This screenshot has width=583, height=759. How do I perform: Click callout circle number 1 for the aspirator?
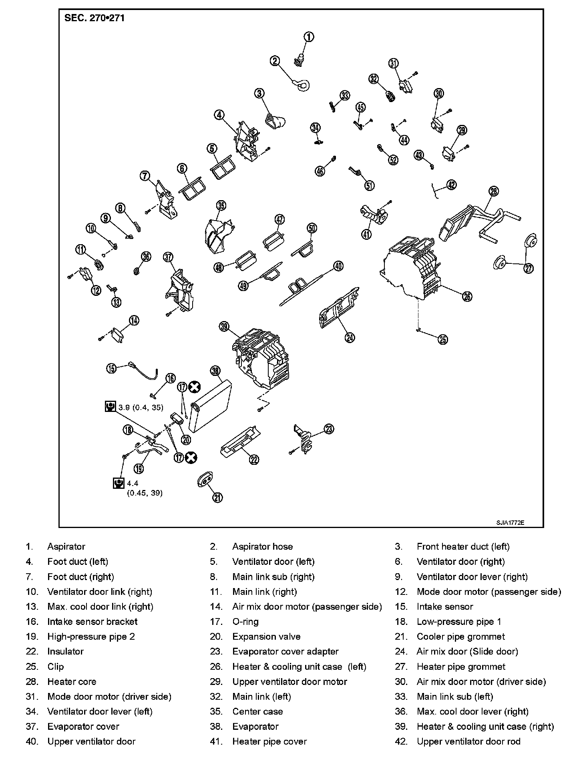(309, 37)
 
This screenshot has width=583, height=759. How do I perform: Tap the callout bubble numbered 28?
(494, 191)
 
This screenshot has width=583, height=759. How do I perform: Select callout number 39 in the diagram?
(224, 327)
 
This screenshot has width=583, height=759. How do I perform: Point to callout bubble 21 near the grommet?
(217, 498)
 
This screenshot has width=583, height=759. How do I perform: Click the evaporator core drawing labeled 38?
(211, 406)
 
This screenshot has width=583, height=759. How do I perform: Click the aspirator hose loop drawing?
(302, 84)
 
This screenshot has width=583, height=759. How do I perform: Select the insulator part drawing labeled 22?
(239, 442)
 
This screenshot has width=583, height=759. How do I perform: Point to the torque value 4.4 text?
(133, 484)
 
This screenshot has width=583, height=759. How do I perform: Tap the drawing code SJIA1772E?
(510, 523)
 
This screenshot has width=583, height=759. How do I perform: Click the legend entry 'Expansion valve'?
(266, 637)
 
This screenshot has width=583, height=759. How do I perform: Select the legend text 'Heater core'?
(72, 681)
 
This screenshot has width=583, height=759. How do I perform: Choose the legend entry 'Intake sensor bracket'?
(92, 622)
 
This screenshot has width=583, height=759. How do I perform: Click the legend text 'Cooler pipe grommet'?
(460, 637)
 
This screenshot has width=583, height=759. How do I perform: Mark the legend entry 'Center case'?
(257, 711)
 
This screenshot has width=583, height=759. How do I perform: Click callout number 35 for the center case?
(221, 206)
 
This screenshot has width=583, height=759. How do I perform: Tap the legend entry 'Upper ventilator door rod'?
(468, 741)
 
